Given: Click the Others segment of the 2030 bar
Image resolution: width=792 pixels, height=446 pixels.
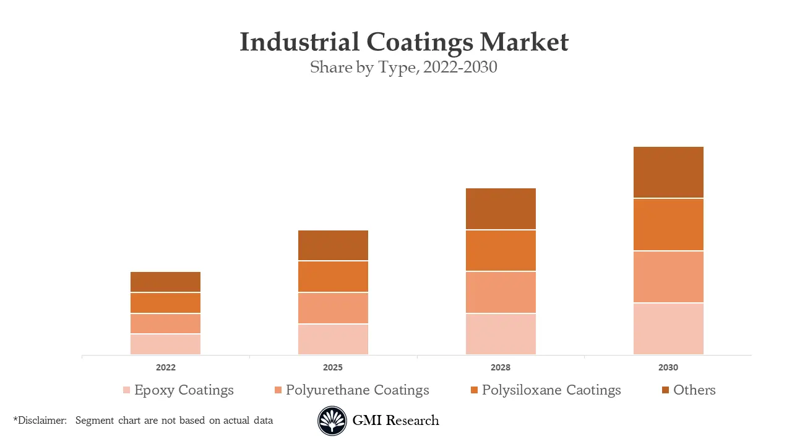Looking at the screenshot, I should pos(668,172).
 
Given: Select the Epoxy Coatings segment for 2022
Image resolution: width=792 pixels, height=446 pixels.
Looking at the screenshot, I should pos(165,344).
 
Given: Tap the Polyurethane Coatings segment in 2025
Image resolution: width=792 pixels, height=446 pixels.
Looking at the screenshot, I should pos(333,308).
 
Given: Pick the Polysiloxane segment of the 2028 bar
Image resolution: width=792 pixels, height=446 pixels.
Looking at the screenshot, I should pos(501,250).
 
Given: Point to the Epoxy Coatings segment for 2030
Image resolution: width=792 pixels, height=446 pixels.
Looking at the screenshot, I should pos(668,329).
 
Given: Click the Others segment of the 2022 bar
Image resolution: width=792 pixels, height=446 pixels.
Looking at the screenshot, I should pos(165,282).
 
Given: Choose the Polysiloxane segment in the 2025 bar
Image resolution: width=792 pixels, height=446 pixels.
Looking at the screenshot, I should pos(333,276).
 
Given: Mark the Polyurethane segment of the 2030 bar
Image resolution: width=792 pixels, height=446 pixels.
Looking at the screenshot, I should pos(668,277).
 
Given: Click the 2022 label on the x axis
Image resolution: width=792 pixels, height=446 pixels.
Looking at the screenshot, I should pos(165,367).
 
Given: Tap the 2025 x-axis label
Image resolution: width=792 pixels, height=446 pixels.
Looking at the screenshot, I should pos(333,367).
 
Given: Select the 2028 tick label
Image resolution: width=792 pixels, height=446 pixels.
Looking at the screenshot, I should pos(501,367).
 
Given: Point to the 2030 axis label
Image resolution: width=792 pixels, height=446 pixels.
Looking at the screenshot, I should pos(668,367).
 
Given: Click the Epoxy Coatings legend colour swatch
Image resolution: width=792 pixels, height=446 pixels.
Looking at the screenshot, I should pos(126,390).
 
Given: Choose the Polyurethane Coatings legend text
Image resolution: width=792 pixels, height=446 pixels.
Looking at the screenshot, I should pos(357,390).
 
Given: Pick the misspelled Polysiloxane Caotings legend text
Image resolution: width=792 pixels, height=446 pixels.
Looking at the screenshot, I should pos(551,390).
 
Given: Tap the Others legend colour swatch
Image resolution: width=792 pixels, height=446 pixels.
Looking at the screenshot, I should pos(665,390).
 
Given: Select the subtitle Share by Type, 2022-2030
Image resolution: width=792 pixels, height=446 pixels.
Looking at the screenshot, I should pos(403,67).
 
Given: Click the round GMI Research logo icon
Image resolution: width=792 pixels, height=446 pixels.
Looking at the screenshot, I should pos(332,421).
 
